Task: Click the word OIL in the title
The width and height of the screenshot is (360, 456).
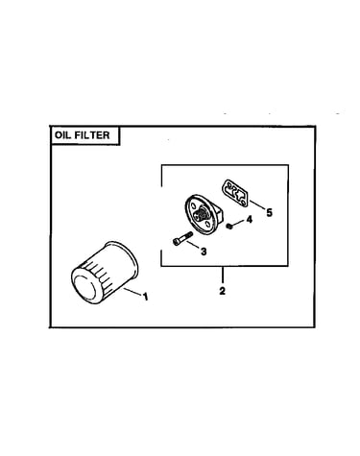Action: (x=62, y=135)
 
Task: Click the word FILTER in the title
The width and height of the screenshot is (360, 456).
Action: (x=92, y=135)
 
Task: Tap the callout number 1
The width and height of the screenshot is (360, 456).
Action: (x=146, y=297)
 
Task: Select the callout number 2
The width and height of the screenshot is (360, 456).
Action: (x=222, y=291)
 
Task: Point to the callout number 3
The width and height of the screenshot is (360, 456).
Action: (x=204, y=252)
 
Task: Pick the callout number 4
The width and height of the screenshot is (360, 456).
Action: (x=249, y=220)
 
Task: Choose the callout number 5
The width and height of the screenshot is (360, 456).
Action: (x=269, y=212)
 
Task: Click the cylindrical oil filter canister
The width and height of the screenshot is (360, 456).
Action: (x=105, y=273)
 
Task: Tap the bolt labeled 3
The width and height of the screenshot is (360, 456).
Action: (x=182, y=238)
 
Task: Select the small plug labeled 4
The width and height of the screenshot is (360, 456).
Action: (x=229, y=227)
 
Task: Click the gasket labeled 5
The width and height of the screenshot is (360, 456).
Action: (x=235, y=193)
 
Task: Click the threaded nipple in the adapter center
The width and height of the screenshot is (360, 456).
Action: (x=202, y=214)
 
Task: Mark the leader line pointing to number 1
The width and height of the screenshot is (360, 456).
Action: (x=132, y=292)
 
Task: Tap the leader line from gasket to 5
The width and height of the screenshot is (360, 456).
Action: (x=257, y=204)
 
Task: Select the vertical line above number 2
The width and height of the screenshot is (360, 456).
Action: (x=222, y=276)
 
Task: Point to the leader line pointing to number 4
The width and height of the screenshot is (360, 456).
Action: (x=238, y=224)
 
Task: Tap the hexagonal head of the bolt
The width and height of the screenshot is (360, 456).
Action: (x=176, y=242)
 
